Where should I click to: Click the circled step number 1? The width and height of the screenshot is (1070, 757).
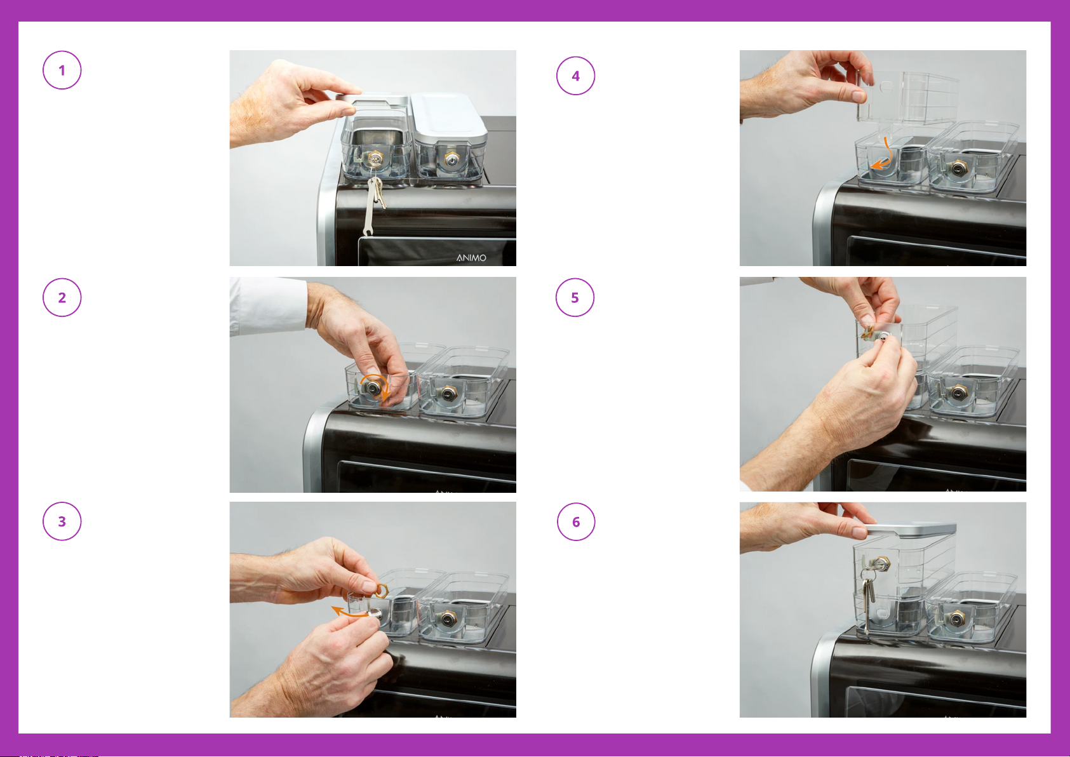tap(62, 70)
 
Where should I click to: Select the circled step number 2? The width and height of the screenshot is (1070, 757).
tap(62, 297)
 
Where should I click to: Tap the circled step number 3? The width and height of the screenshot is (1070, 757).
tap(62, 521)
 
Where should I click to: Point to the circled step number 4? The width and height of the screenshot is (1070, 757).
tap(575, 76)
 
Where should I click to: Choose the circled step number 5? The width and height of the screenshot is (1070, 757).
tap(575, 297)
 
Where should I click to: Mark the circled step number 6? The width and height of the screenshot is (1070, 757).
tap(576, 521)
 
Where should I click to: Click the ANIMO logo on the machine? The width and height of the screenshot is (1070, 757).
tap(471, 258)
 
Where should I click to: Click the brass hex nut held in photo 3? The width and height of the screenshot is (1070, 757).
tap(381, 591)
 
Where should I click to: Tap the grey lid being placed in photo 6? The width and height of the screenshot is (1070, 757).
tap(910, 530)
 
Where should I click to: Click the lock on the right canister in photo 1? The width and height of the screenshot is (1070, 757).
tap(452, 159)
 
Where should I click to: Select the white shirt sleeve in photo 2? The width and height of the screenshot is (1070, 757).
tap(267, 305)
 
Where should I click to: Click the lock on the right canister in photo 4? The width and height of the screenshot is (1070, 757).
tap(958, 168)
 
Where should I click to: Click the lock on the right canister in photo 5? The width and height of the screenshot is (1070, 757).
tap(958, 393)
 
